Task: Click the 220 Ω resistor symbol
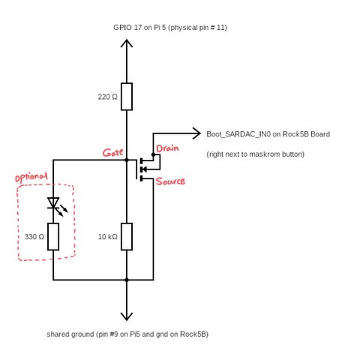tap(127, 97)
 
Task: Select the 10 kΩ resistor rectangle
tap(127, 236)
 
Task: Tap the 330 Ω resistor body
tap(53, 236)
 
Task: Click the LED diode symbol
tap(56, 205)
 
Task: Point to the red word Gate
tap(112, 152)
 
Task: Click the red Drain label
tap(167, 148)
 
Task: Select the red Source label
tap(170, 181)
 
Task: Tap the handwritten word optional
tap(31, 178)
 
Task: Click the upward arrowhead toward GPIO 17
tap(127, 43)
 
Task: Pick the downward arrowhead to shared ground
tap(127, 317)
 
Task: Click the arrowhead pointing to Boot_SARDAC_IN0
tap(196, 133)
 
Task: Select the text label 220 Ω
tap(107, 97)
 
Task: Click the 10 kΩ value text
tap(107, 237)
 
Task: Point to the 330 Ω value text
tap(34, 237)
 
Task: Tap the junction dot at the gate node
tap(127, 160)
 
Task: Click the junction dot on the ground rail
tap(127, 280)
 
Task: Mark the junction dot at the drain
tap(153, 154)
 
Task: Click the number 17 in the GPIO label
tap(138, 27)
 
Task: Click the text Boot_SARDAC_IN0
tap(238, 134)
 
